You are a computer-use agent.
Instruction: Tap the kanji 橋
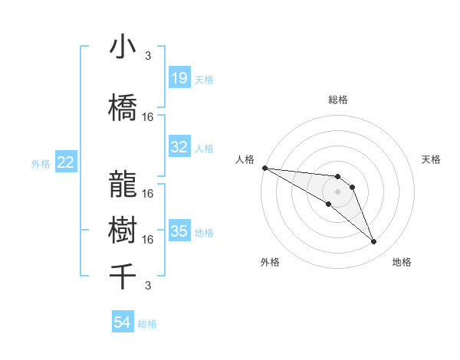(123, 108)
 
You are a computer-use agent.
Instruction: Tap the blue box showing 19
(179, 77)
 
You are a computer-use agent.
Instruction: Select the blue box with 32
(179, 147)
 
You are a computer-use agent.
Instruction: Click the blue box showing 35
(179, 231)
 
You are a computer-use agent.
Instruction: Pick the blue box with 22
(66, 162)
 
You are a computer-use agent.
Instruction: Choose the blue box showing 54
(123, 323)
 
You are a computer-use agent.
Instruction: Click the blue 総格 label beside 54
(147, 324)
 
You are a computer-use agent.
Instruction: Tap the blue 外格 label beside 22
(41, 163)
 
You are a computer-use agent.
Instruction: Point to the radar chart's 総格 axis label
(338, 100)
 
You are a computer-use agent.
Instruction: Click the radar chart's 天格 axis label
(432, 159)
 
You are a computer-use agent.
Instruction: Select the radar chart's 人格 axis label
(245, 159)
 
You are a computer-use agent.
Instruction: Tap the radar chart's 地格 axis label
(402, 262)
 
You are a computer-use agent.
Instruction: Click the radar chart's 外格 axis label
(270, 262)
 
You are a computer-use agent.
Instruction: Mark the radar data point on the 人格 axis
(264, 168)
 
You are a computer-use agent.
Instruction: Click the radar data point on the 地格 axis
(374, 242)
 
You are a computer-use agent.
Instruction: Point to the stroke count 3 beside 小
(148, 55)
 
